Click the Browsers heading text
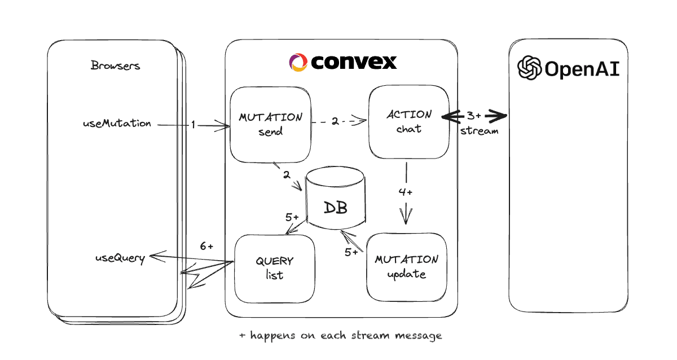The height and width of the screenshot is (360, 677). [115, 65]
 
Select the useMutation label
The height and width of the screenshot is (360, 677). [117, 123]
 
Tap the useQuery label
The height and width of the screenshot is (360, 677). [120, 258]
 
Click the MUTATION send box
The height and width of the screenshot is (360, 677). [270, 125]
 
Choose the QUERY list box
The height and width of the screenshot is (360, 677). [274, 268]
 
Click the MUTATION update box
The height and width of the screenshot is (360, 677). [406, 267]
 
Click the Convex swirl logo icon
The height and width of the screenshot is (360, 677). [298, 62]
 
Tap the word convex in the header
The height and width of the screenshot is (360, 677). [353, 62]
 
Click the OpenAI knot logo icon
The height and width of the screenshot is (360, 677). [529, 68]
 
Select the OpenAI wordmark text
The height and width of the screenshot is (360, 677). [582, 69]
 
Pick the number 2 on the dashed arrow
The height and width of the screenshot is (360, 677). [335, 121]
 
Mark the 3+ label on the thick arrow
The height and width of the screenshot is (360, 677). [473, 116]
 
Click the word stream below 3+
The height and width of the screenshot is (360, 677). [480, 131]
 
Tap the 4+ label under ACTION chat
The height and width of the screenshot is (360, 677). [406, 192]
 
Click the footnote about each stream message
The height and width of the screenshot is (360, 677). [340, 335]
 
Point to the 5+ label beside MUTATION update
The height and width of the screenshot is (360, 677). [351, 252]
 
